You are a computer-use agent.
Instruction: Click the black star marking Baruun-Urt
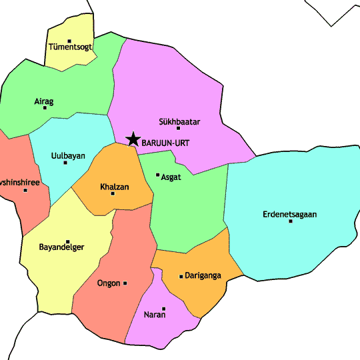coord(133,139)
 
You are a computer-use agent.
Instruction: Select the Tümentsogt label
coord(70,47)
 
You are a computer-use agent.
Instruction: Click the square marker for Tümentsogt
coord(69,40)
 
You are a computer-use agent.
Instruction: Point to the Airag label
coord(43,101)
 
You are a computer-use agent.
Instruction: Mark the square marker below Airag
coord(45,108)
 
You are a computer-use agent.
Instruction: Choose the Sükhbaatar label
coord(179,122)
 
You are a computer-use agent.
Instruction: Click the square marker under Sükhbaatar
coord(178,128)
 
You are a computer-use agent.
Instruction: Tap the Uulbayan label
coord(68,156)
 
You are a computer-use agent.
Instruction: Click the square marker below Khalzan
coord(113,193)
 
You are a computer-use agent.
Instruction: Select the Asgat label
coord(171,177)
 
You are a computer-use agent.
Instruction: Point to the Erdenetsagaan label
coord(290,214)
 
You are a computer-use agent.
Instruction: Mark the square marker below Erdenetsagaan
coord(291,221)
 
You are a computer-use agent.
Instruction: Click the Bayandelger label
coord(62,247)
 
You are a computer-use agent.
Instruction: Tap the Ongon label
coord(109,283)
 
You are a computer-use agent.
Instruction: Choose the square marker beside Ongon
coord(125,283)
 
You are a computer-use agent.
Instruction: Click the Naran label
coord(154,315)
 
